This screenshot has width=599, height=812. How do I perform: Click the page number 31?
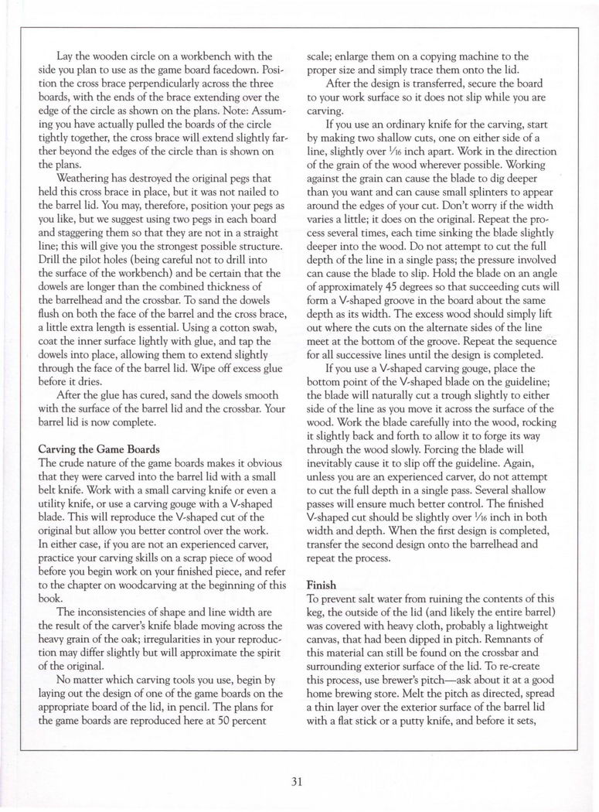(x=298, y=781)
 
